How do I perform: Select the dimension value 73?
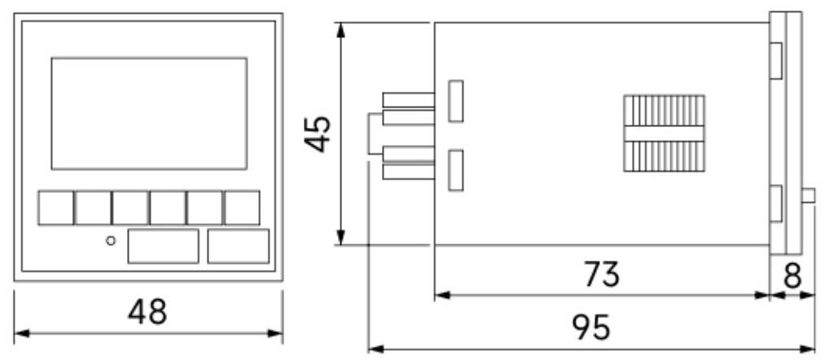602,274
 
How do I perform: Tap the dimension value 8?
792,275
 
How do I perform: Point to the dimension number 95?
591,327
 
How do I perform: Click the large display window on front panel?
149,114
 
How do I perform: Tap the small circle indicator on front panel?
111,240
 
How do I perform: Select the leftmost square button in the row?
55,208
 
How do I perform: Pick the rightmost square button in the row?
242,208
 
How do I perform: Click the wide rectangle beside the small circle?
164,246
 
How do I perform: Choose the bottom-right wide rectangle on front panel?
239,246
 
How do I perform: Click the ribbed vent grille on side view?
664,134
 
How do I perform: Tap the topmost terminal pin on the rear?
408,100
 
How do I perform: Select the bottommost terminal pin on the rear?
408,172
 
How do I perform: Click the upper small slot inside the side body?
456,101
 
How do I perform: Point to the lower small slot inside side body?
456,170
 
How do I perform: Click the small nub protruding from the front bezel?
809,195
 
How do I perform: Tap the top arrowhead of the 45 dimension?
341,29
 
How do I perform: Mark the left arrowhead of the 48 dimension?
21,333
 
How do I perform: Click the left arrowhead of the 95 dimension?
375,349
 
